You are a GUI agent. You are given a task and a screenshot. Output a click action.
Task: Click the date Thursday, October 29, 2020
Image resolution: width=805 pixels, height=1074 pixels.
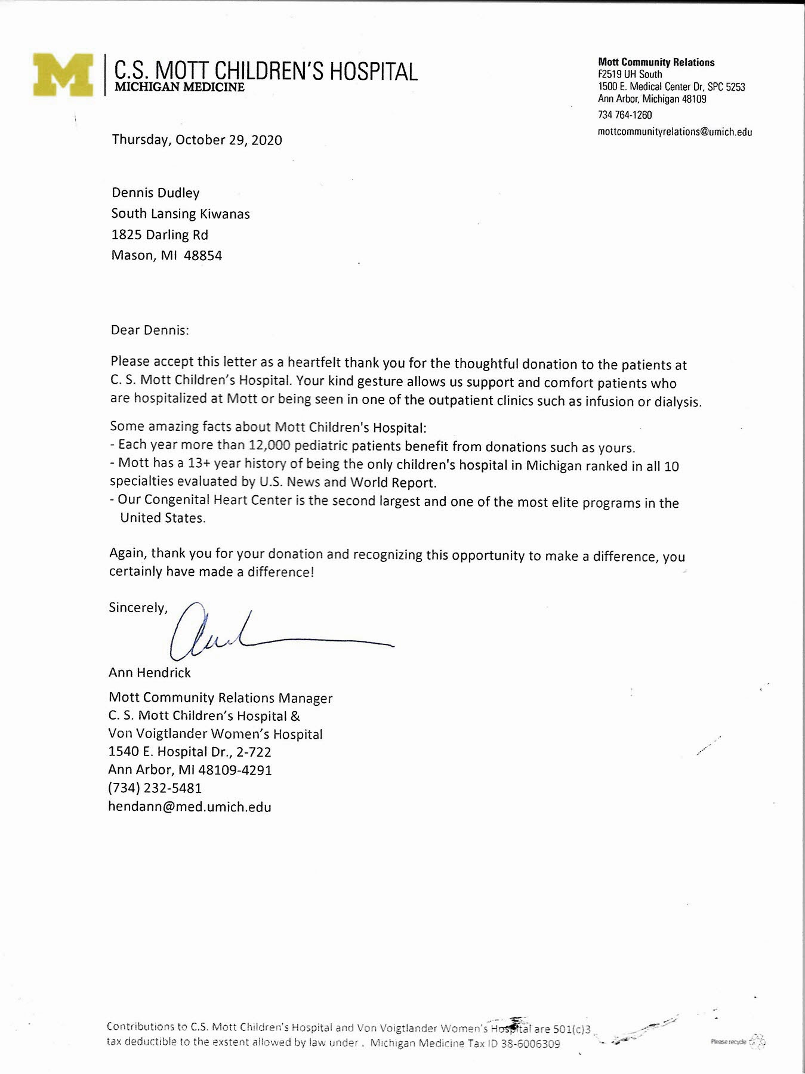point(197,140)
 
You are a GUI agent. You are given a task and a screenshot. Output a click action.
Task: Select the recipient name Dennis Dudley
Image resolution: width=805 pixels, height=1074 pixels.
point(155,193)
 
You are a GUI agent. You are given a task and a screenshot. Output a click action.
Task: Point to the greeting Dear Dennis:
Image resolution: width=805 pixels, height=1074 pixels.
point(149,329)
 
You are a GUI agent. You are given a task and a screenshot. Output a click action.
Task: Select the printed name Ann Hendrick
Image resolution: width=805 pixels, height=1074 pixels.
point(150,672)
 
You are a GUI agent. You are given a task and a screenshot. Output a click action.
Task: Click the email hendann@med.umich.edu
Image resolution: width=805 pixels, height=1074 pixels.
point(190,807)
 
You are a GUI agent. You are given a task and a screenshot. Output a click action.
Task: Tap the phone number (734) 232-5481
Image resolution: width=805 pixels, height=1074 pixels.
point(155,788)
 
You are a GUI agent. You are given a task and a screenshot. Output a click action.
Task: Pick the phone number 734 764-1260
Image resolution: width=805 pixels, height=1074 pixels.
point(625,115)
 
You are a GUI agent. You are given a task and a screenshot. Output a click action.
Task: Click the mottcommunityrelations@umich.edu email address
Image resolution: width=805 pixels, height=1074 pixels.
point(674,132)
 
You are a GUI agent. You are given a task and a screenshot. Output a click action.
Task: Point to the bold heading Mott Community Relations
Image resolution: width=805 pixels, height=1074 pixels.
point(656,62)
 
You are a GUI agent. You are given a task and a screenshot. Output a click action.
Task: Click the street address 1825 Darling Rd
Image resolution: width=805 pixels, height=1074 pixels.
point(159,235)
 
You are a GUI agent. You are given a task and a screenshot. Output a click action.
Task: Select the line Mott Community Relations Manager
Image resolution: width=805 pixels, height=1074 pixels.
point(221,698)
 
